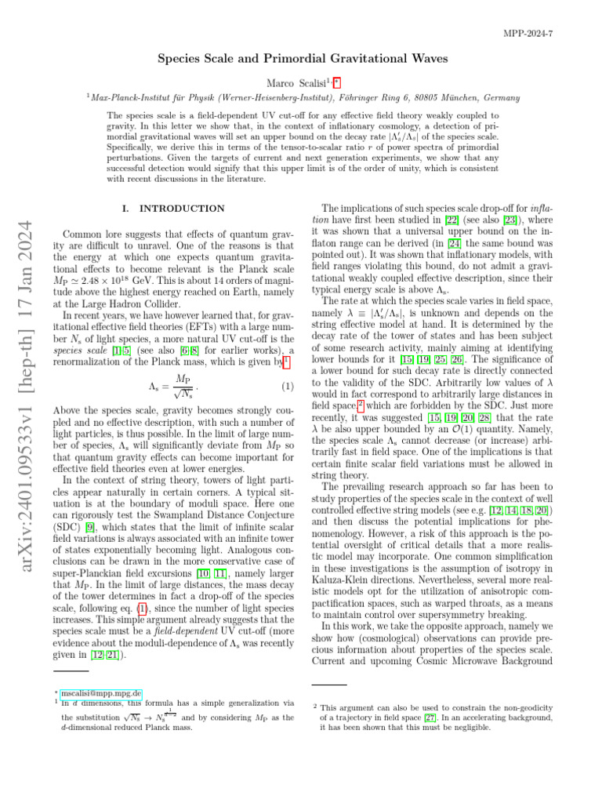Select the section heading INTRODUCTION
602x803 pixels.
tap(183, 209)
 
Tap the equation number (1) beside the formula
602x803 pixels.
tap(286, 364)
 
